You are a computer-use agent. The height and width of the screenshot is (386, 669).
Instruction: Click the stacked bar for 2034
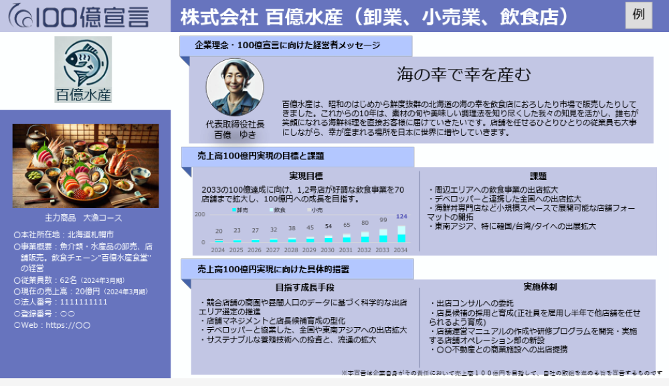click(x=401, y=233)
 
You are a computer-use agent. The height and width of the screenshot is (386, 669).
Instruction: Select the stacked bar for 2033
click(x=383, y=236)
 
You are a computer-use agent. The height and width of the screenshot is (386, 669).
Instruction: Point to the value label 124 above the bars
click(x=401, y=217)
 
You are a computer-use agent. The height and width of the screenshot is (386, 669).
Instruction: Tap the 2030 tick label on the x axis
click(x=328, y=250)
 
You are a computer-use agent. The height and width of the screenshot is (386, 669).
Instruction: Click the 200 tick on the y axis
click(x=200, y=214)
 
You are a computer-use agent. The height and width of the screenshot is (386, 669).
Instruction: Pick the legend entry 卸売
click(x=240, y=210)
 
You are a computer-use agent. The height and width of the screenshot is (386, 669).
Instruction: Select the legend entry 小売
click(x=314, y=210)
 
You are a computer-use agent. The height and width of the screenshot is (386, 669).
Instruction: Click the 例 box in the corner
click(x=638, y=15)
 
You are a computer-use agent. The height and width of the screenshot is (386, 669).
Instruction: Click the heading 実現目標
click(x=306, y=177)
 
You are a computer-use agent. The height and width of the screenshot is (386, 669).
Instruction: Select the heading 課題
click(x=538, y=177)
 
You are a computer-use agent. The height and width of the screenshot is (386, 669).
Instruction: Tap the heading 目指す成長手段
click(x=306, y=287)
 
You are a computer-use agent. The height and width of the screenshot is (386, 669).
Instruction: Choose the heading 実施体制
click(x=541, y=287)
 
